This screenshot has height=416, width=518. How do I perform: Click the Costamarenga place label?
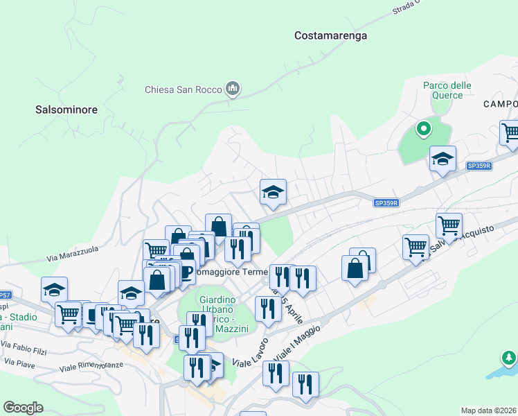pyautogui.click(x=330, y=35)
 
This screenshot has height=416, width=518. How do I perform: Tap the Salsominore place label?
pyautogui.click(x=66, y=110)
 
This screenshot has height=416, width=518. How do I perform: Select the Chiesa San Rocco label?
pyautogui.click(x=183, y=89)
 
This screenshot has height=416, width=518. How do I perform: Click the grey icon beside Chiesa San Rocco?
pyautogui.click(x=233, y=89)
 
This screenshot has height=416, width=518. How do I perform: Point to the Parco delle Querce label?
pyautogui.click(x=447, y=90)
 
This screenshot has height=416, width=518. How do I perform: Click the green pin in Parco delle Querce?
pyautogui.click(x=423, y=129)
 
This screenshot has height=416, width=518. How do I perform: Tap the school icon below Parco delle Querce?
pyautogui.click(x=443, y=159)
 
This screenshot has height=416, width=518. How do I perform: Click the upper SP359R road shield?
pyautogui.click(x=479, y=166)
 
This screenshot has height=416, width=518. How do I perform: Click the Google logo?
pyautogui.click(x=23, y=408)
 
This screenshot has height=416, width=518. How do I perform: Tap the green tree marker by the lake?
pyautogui.click(x=509, y=358)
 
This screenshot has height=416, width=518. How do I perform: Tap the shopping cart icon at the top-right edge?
pyautogui.click(x=510, y=133)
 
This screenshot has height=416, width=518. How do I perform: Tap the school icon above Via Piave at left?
pyautogui.click(x=54, y=289)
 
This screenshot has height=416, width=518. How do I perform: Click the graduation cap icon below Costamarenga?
pyautogui.click(x=273, y=191)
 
